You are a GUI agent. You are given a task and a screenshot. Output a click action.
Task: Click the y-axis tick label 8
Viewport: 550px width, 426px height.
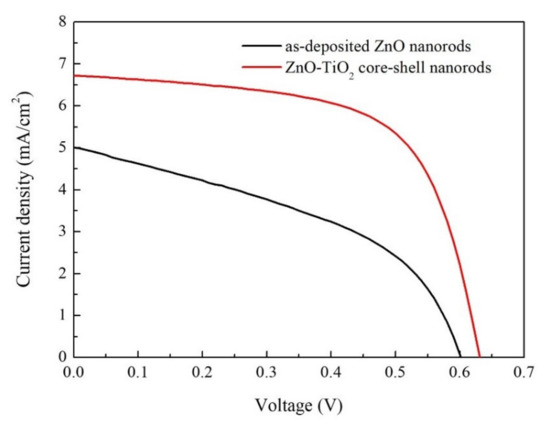(61, 21)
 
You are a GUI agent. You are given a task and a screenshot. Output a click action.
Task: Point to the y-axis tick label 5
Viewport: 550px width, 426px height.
(61, 147)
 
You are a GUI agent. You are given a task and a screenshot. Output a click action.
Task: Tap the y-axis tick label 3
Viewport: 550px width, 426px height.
(61, 231)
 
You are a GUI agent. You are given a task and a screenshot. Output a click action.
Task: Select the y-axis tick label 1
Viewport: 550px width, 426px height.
(61, 315)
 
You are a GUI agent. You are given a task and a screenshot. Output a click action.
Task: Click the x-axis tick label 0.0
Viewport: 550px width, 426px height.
(74, 373)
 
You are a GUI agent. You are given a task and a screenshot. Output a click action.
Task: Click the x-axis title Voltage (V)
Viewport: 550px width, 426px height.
(298, 407)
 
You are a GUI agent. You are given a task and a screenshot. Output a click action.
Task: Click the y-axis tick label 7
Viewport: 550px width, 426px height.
(61, 63)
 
